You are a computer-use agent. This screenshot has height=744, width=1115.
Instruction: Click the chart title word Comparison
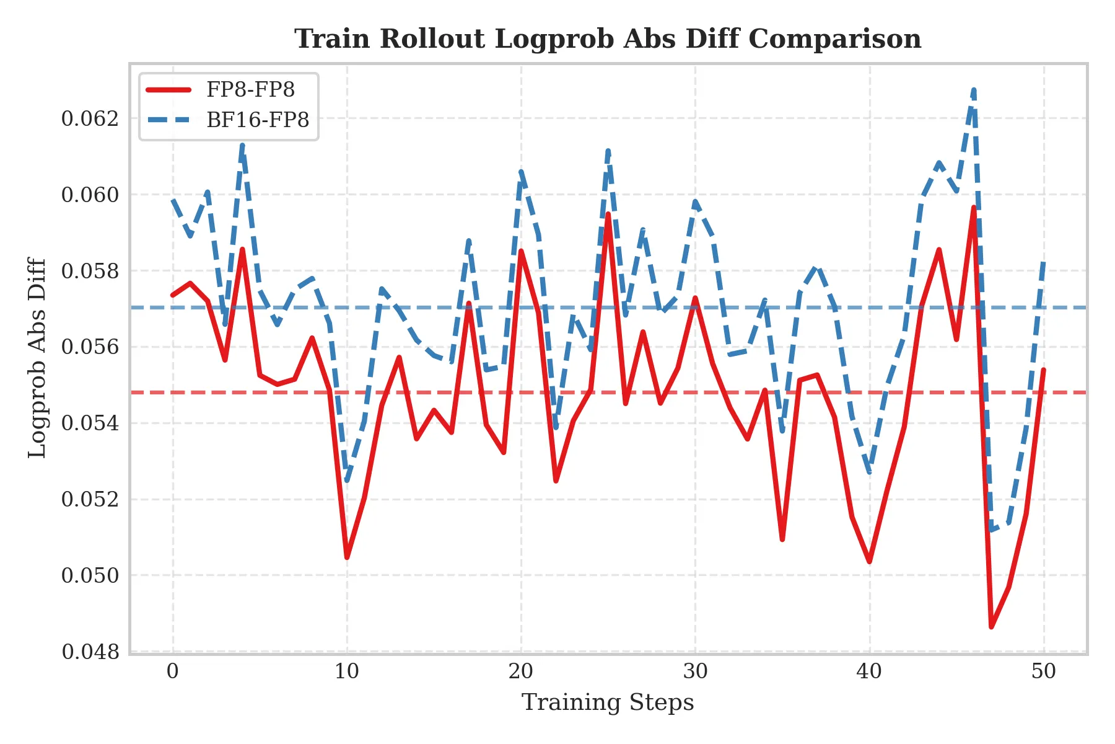point(834,39)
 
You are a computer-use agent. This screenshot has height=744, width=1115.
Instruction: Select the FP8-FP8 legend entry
point(250,90)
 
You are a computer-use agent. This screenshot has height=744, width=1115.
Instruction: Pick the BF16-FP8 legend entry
point(258,120)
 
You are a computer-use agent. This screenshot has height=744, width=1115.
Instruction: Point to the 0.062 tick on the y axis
point(90,118)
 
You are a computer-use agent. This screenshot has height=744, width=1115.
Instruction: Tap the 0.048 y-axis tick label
point(90,652)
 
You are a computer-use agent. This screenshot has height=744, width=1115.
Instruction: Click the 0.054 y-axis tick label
point(90,423)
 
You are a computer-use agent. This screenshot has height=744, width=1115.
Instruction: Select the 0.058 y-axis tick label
point(90,271)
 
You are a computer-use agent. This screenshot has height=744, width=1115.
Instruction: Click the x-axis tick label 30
point(695,671)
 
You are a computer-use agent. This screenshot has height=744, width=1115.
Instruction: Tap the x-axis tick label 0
point(173,671)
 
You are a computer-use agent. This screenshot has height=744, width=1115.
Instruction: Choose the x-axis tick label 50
point(1044,671)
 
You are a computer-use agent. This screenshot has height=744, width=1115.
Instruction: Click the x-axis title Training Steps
point(608,702)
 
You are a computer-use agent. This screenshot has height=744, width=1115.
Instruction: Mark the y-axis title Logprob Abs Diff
point(38,358)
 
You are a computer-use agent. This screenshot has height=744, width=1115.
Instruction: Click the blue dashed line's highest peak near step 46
point(974,91)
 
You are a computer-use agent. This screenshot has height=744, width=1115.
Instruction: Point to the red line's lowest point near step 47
point(992,627)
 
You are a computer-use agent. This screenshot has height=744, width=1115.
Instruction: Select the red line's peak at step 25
point(608,214)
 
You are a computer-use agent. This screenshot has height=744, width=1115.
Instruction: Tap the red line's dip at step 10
point(347,557)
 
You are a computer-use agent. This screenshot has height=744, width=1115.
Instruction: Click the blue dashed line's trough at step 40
point(870,472)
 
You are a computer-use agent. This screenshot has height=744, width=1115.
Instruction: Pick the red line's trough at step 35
point(782,539)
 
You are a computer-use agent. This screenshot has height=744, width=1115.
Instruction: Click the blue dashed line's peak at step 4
point(242,146)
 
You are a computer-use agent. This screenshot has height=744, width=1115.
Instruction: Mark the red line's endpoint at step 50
point(1044,370)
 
